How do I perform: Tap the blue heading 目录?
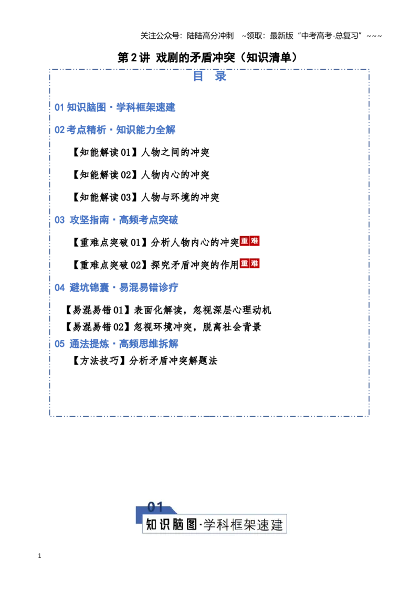pos(209,76)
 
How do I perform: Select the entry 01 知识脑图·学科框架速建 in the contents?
pos(115,107)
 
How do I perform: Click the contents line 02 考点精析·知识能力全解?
pos(115,130)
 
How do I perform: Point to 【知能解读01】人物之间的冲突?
pos(140,152)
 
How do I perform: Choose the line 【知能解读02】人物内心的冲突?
pos(140,175)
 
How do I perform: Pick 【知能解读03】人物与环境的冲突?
pos(145,197)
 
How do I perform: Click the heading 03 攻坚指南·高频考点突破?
pos(117,220)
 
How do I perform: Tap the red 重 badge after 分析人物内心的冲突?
pos(245,241)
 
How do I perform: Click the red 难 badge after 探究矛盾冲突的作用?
pos(255,263)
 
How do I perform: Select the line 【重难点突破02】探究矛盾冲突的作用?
pos(155,265)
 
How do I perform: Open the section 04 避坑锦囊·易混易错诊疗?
pos(117,288)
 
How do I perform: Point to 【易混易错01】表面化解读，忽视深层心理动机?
pos(167,310)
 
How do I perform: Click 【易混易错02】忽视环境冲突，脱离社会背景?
pos(162,326)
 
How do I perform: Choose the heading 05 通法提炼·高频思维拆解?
pos(117,344)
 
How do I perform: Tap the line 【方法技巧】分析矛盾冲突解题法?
pos(144,360)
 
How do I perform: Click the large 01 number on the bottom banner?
pos(155,507)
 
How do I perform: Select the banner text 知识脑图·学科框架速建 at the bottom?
pos(214,525)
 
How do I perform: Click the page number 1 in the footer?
pos(39,556)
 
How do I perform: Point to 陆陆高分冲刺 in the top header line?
pos(211,36)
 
